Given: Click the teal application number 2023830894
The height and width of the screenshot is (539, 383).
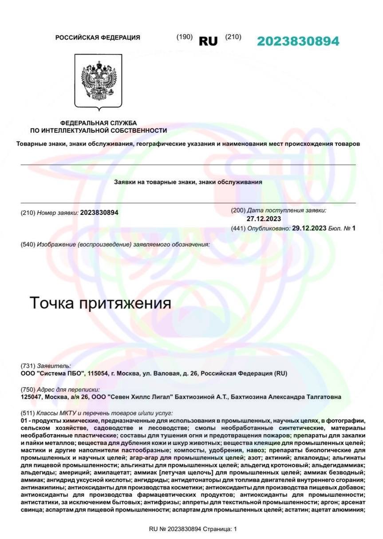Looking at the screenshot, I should [x=298, y=41].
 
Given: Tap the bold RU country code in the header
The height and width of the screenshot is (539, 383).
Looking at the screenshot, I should [x=208, y=41].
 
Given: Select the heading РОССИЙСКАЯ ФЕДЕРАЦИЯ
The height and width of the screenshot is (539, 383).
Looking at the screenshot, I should [x=98, y=38].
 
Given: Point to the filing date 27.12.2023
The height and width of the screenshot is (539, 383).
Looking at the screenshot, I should [x=264, y=219].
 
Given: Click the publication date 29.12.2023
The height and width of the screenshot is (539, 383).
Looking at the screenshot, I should [x=309, y=228].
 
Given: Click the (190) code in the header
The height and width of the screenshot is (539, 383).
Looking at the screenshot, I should [x=185, y=37].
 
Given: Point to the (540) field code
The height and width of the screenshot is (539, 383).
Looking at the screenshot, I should [x=28, y=244].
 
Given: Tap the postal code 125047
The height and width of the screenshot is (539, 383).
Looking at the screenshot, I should [x=33, y=397].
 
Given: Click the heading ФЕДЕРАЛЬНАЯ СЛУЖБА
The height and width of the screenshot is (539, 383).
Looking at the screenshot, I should [x=99, y=123].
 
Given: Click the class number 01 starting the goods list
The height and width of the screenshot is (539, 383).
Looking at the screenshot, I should [x=24, y=420].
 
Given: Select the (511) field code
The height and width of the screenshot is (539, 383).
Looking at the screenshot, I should [x=28, y=413].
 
